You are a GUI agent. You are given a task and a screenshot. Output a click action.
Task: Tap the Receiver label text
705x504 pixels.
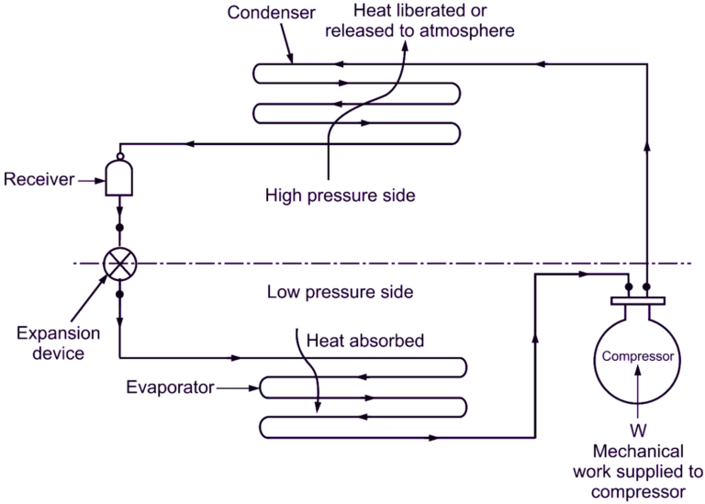39,179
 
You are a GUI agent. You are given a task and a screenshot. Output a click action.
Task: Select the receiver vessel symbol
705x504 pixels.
119,177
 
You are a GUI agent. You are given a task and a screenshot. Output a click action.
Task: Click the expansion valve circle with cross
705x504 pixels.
119,263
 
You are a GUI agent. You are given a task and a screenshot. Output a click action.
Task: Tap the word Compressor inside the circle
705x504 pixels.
638,356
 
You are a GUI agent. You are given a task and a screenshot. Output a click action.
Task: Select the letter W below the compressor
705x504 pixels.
638,430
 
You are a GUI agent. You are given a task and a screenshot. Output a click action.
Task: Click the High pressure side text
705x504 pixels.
329,195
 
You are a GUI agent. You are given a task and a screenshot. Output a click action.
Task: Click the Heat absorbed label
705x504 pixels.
365,341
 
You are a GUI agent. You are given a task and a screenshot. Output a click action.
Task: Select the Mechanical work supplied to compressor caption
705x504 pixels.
638,472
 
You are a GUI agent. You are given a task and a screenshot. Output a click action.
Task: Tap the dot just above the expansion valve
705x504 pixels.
119,226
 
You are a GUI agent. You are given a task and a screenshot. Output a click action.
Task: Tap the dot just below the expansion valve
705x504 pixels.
119,296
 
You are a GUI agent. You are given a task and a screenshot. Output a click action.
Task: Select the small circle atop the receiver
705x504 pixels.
119,155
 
